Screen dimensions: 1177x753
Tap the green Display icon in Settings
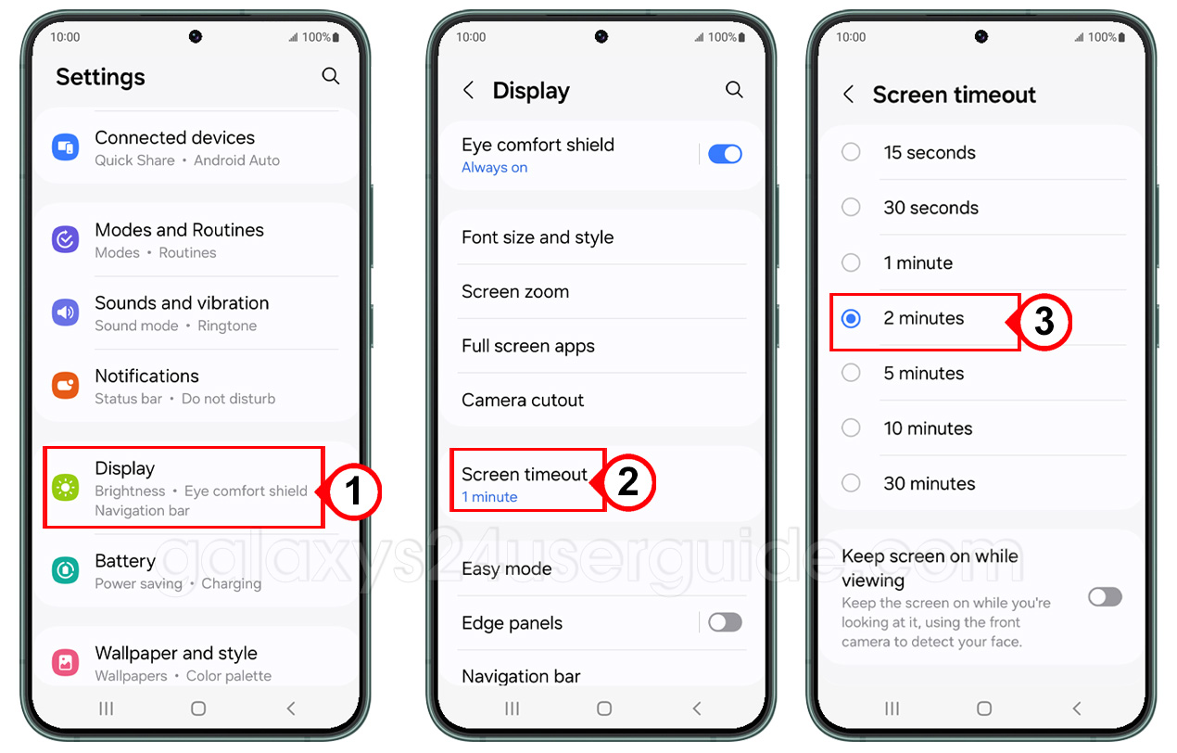point(66,488)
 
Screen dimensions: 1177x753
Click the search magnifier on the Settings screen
point(331,76)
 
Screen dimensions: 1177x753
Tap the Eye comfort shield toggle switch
point(725,154)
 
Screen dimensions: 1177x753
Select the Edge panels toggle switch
point(725,622)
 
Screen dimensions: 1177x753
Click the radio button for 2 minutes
point(851,318)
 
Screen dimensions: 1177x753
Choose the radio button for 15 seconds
point(851,152)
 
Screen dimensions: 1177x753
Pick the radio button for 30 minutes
point(851,483)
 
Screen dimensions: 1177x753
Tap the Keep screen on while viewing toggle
point(1105,597)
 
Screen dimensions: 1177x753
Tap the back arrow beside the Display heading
point(469,91)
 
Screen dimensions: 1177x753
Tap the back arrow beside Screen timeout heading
point(848,95)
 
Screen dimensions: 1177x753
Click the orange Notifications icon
point(66,386)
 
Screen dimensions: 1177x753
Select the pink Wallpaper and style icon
point(66,662)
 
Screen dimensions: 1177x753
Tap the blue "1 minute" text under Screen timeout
point(489,497)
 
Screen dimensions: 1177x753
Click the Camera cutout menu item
point(523,401)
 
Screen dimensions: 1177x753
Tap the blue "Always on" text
point(495,167)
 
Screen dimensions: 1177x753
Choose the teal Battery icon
point(66,570)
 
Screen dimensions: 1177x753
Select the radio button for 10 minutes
point(851,428)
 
